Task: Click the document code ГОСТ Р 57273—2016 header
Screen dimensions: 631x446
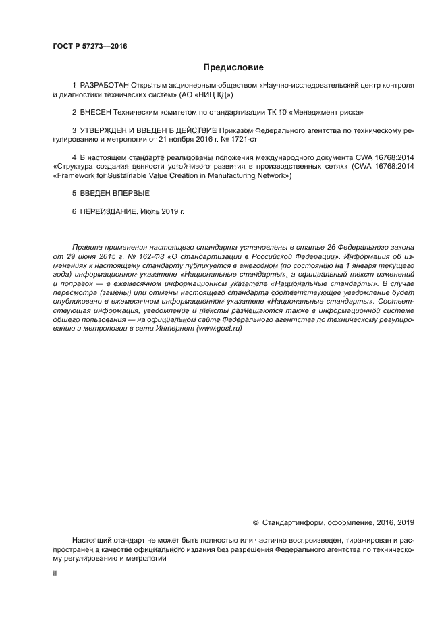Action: pos(89,47)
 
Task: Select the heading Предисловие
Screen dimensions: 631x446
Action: pos(233,67)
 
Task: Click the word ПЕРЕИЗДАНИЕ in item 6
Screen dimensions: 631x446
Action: pos(109,211)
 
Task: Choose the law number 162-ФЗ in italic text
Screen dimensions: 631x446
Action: pos(142,257)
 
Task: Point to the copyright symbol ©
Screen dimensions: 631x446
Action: pos(256,522)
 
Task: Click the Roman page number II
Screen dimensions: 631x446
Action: pos(55,572)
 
